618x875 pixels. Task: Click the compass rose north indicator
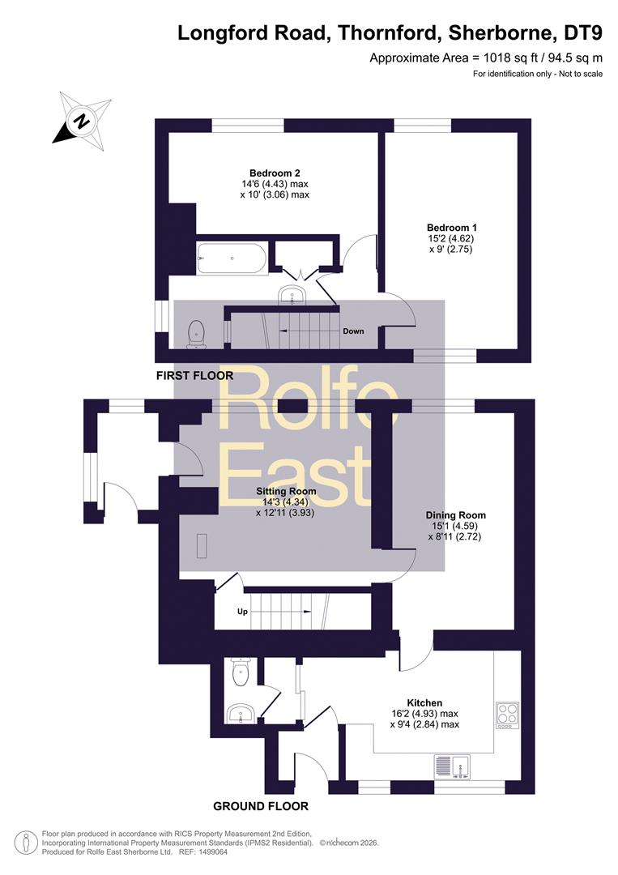82,120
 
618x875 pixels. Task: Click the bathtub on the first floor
232,258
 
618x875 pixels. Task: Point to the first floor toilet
196,333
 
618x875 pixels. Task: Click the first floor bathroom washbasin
293,294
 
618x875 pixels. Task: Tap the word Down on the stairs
353,331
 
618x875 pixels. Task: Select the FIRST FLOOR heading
194,376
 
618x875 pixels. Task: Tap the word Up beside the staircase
242,612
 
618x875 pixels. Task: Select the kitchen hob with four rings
507,715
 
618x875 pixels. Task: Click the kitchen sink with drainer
452,766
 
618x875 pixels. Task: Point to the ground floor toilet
241,672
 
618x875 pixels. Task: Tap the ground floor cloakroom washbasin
241,713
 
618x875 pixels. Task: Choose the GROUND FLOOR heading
261,806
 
